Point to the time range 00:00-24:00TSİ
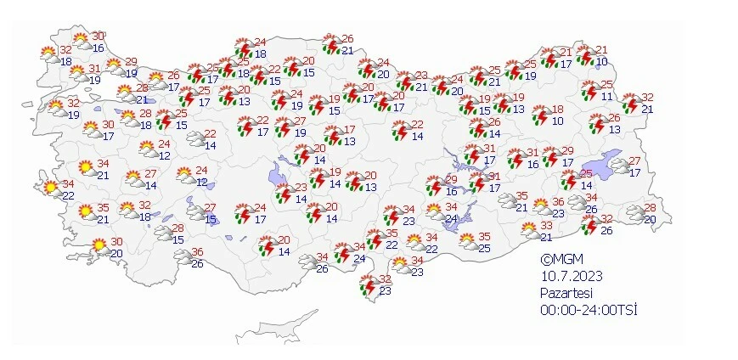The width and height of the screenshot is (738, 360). [588, 309]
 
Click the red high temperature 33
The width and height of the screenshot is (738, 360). [547, 226]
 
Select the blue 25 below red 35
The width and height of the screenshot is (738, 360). [485, 248]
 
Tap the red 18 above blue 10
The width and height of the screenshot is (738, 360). [558, 110]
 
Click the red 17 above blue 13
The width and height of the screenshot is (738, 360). [350, 130]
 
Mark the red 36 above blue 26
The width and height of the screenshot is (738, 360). [197, 252]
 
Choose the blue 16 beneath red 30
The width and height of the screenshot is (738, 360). [99, 48]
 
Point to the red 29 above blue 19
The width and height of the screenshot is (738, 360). [131, 62]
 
